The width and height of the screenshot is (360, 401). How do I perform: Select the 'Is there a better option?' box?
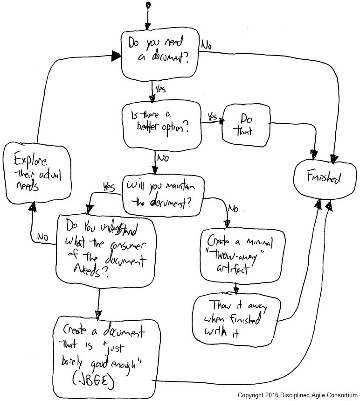[x=161, y=125]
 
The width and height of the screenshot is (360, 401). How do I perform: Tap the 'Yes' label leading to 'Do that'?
[x=212, y=115]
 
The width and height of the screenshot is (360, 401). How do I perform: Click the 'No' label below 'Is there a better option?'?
[x=163, y=158]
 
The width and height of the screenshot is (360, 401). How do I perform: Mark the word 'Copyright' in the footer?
[x=250, y=395]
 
